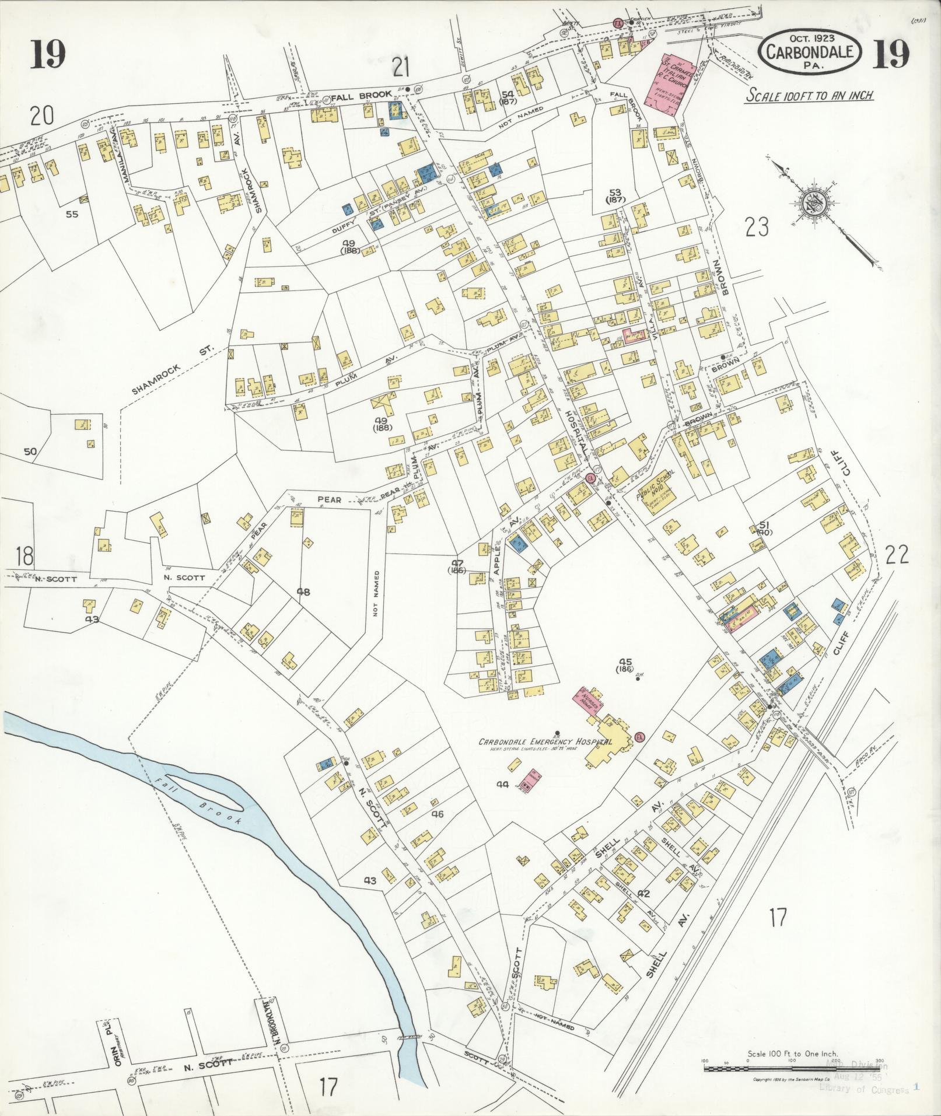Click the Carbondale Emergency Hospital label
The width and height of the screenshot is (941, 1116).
545,741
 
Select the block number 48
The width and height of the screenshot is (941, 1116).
303,592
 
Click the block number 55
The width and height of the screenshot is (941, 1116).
72,214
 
